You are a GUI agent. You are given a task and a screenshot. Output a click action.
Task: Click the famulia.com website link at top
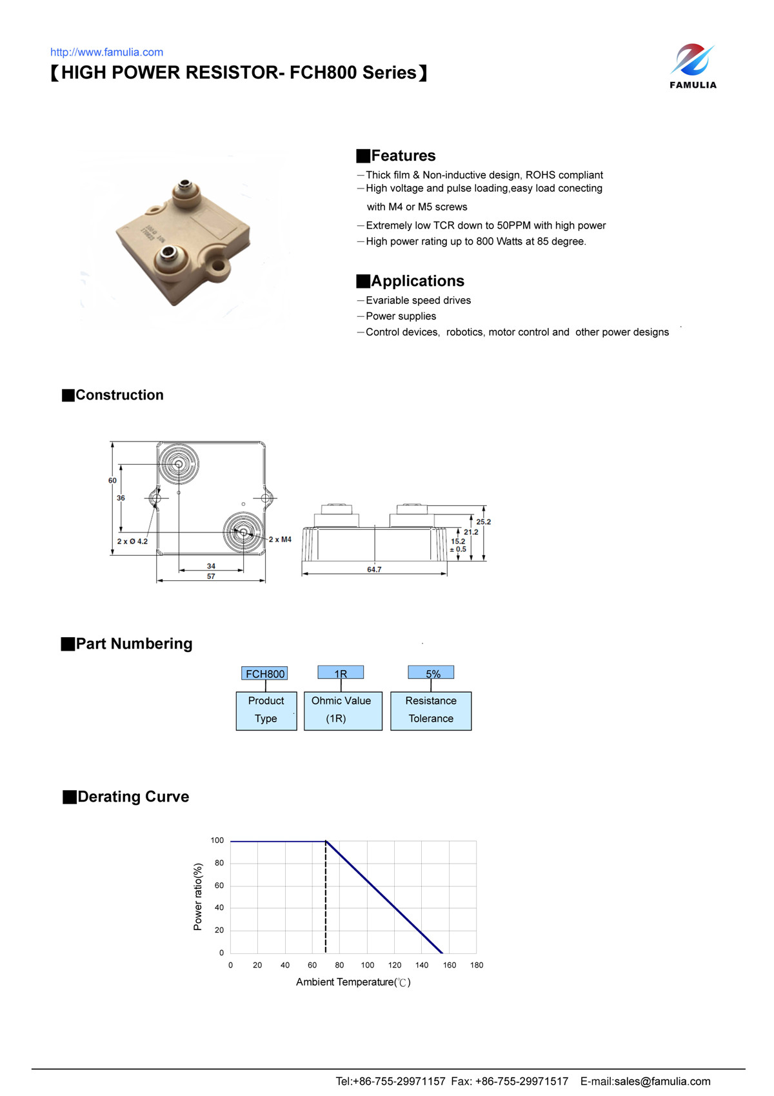[106, 52]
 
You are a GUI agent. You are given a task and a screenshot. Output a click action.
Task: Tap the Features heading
[403, 156]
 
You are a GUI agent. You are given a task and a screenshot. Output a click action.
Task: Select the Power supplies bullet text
[401, 316]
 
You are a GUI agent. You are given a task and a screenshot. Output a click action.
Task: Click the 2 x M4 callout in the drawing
[280, 540]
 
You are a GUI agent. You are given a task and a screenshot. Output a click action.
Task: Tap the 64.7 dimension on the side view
[374, 569]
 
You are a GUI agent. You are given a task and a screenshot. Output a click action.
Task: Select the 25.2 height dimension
[483, 522]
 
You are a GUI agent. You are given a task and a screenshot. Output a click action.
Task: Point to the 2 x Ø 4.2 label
[132, 542]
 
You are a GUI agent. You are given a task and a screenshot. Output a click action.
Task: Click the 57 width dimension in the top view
[211, 576]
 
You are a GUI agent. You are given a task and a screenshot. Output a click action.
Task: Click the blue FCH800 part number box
[264, 673]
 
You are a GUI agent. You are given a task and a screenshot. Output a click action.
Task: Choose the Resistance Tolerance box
[431, 711]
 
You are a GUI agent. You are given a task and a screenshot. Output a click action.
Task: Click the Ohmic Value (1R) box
[342, 711]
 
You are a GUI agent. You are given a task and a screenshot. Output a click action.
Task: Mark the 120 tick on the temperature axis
[395, 965]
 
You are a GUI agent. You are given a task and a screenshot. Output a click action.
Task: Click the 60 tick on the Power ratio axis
[219, 886]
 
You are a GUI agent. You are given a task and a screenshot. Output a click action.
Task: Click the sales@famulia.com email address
[662, 1081]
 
